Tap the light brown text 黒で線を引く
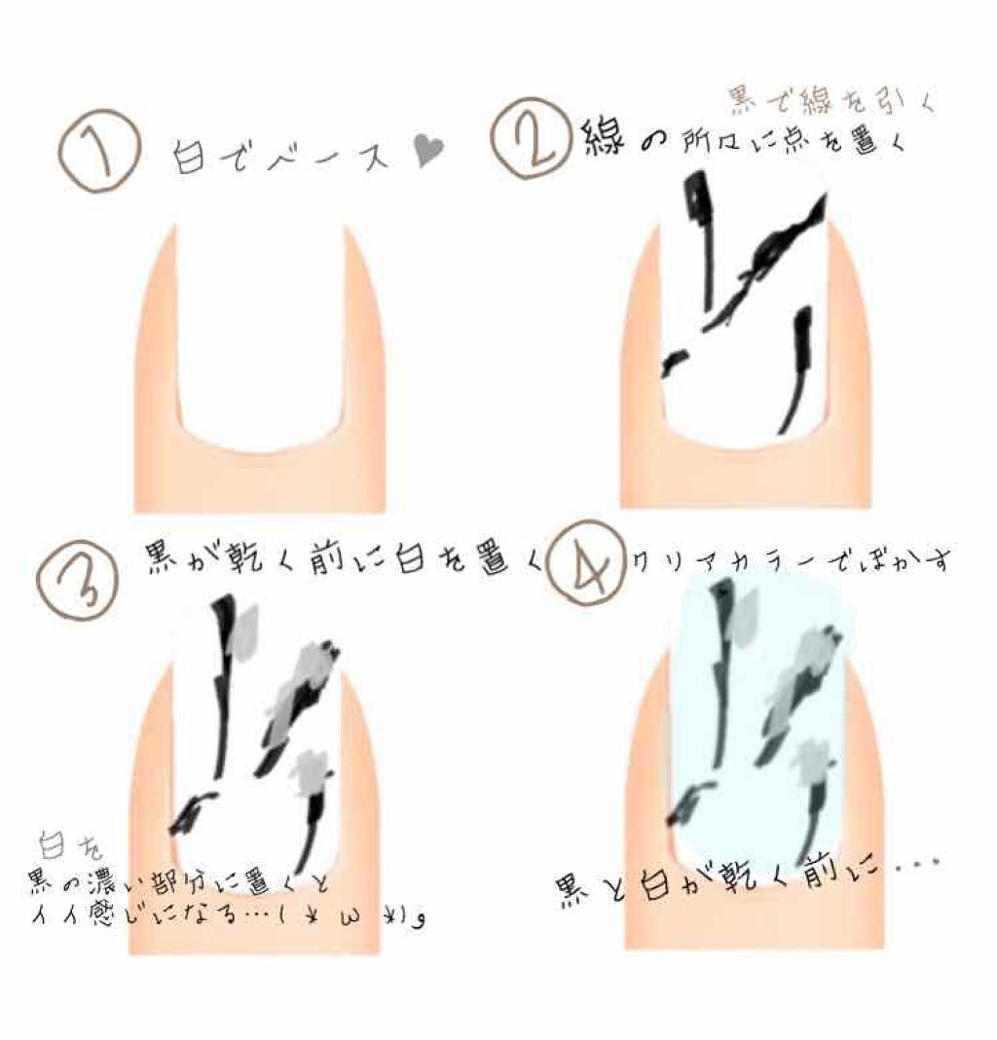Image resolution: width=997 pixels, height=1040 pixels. click(x=817, y=99)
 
